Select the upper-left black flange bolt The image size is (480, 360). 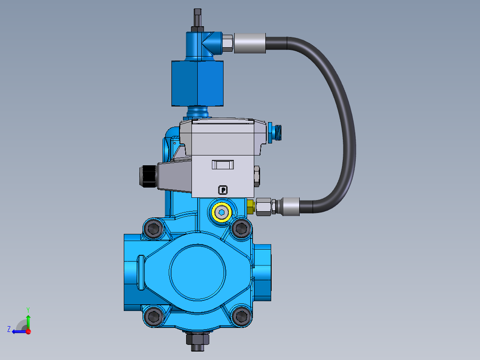pyautogui.click(x=154, y=229)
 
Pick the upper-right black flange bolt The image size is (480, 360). pyautogui.click(x=241, y=229)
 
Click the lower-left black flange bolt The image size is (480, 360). pyautogui.click(x=154, y=316)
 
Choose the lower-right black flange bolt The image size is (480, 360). pyautogui.click(x=241, y=316)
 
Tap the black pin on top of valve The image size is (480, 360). pyautogui.click(x=198, y=18)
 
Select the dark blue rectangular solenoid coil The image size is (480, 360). pyautogui.click(x=197, y=84)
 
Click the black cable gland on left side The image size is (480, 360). pyautogui.click(x=147, y=176)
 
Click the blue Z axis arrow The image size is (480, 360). pyautogui.click(x=18, y=331)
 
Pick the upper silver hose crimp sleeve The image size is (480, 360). pyautogui.click(x=249, y=44)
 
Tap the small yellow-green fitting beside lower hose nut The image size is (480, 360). pyautogui.click(x=250, y=206)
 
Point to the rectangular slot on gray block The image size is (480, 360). pyautogui.click(x=223, y=164)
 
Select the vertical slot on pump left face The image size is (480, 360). pyautogui.click(x=141, y=272)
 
